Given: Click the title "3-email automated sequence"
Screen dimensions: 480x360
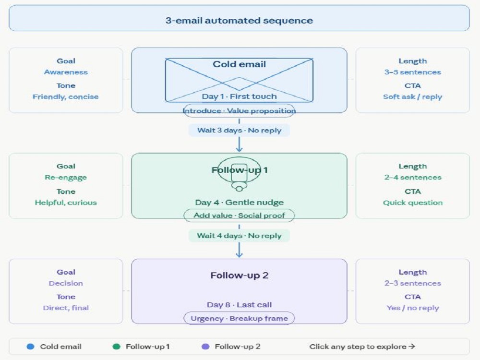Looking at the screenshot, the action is coord(239,21).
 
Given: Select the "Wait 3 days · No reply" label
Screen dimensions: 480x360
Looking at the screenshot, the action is coord(239,131).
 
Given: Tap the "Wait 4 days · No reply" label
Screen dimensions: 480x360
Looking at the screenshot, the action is coord(239,236).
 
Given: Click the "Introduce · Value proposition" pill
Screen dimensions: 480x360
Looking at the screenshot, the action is coord(239,111).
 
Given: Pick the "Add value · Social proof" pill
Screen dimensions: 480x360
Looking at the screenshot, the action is coord(239,216).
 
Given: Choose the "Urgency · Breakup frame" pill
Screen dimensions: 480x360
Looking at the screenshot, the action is coord(239,318).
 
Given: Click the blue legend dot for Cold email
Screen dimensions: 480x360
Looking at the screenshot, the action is coord(30,347).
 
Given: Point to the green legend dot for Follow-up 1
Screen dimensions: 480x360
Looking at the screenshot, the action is coord(116,347).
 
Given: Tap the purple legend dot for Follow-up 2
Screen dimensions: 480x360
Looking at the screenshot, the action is coord(205,347).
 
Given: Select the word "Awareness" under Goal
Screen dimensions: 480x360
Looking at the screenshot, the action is coord(66,72).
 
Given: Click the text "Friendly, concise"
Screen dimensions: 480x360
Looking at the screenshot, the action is coord(65,97).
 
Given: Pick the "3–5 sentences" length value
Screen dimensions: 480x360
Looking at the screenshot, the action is coord(413,72).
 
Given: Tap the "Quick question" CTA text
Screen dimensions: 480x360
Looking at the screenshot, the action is coord(413,203).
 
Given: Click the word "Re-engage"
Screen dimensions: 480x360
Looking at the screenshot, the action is coord(66,178).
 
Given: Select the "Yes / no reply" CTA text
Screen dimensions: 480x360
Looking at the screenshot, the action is coord(413,308).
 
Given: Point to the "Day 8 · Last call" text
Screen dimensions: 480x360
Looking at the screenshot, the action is coord(239,305).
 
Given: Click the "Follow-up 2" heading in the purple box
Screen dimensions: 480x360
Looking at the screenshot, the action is coord(239,276).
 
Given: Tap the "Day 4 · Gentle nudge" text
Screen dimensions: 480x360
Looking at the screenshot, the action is coord(239,203).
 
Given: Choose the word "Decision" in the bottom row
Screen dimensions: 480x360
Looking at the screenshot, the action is coord(66,284).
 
